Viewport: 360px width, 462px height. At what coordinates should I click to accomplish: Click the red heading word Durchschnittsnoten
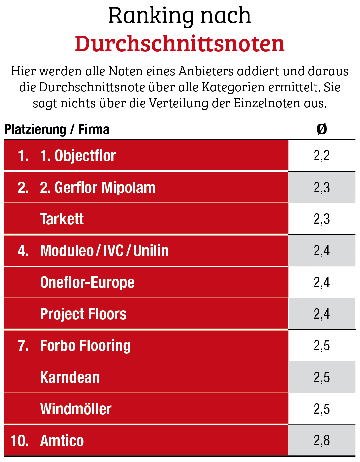[x=180, y=44]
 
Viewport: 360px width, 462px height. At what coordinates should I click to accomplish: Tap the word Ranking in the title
[x=151, y=16]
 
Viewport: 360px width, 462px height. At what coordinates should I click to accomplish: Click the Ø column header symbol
[x=321, y=129]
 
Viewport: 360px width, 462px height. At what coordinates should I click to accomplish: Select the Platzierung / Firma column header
[x=56, y=129]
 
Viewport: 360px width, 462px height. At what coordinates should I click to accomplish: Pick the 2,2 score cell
[x=321, y=156]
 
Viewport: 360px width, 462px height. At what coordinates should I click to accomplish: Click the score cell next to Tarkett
[x=321, y=219]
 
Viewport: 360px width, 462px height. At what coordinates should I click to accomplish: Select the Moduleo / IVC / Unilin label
[x=104, y=251]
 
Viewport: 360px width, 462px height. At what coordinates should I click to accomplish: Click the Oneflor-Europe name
[x=87, y=282]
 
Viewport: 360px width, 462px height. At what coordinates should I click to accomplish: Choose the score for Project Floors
[x=321, y=314]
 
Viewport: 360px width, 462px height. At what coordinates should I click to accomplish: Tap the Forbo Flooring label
[x=85, y=346]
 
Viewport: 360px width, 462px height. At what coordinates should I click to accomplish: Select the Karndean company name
[x=70, y=377]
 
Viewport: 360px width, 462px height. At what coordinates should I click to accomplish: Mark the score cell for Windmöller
[x=321, y=409]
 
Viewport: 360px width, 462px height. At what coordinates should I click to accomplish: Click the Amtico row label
[x=62, y=441]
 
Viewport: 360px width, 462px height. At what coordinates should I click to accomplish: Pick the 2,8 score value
[x=321, y=441]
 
